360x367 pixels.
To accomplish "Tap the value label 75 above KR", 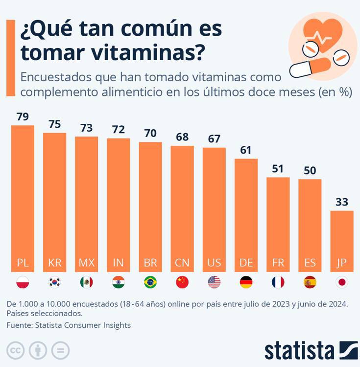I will (x=54, y=124).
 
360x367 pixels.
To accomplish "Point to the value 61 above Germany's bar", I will (x=246, y=150).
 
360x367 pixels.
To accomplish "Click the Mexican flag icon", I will (x=86, y=282).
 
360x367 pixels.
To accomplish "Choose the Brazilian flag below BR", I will (x=150, y=282).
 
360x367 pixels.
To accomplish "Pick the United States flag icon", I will (x=214, y=282).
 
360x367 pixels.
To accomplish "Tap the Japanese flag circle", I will (x=342, y=282).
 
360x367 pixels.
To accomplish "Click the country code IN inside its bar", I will (x=118, y=263).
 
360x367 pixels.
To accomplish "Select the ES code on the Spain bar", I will (x=310, y=263).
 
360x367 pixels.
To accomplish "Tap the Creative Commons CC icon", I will (x=16, y=350).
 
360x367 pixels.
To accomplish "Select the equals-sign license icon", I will (x=60, y=350).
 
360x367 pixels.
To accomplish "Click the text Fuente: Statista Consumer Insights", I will (x=69, y=325).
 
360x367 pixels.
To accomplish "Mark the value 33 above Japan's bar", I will (x=342, y=202).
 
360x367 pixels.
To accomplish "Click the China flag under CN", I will (x=182, y=282).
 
